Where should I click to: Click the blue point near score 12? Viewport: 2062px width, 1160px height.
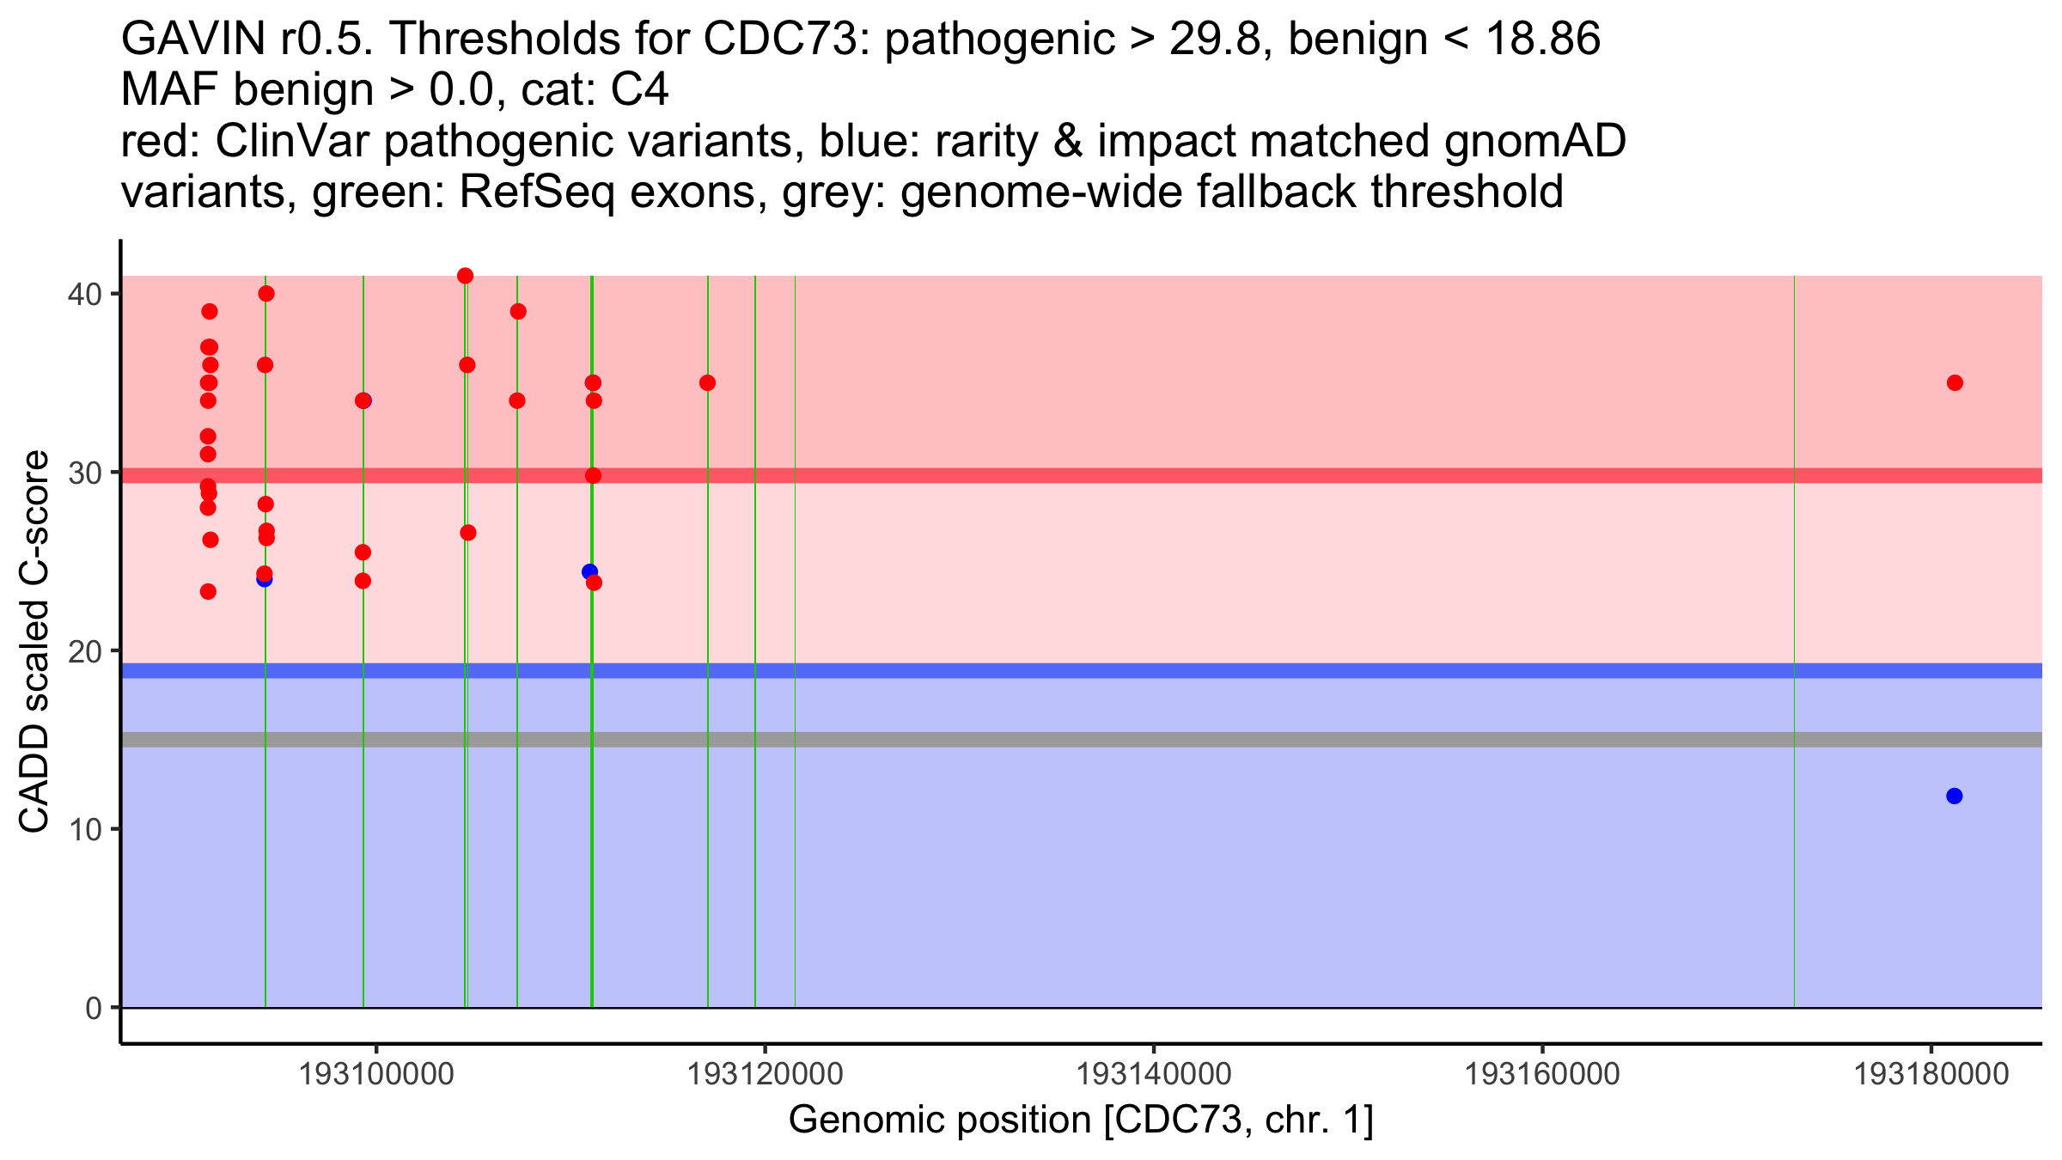(x=1955, y=797)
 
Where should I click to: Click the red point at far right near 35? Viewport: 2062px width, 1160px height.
(x=1955, y=383)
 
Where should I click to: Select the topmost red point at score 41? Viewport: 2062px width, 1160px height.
(x=465, y=276)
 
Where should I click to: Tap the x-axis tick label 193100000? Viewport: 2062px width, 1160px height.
(x=375, y=1074)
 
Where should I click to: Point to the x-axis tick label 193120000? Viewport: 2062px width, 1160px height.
(x=765, y=1074)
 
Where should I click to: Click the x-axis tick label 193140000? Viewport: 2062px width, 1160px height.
(x=1154, y=1074)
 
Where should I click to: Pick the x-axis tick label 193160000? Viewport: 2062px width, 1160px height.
(x=1542, y=1074)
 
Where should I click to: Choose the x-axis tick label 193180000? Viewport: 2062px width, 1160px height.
(x=1931, y=1074)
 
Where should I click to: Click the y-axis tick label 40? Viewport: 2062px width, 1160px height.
(x=84, y=294)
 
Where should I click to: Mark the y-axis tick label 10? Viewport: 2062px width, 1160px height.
(x=84, y=829)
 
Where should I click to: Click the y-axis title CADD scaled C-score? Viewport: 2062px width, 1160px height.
(x=34, y=642)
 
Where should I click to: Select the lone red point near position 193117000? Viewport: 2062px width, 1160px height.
(x=707, y=383)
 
